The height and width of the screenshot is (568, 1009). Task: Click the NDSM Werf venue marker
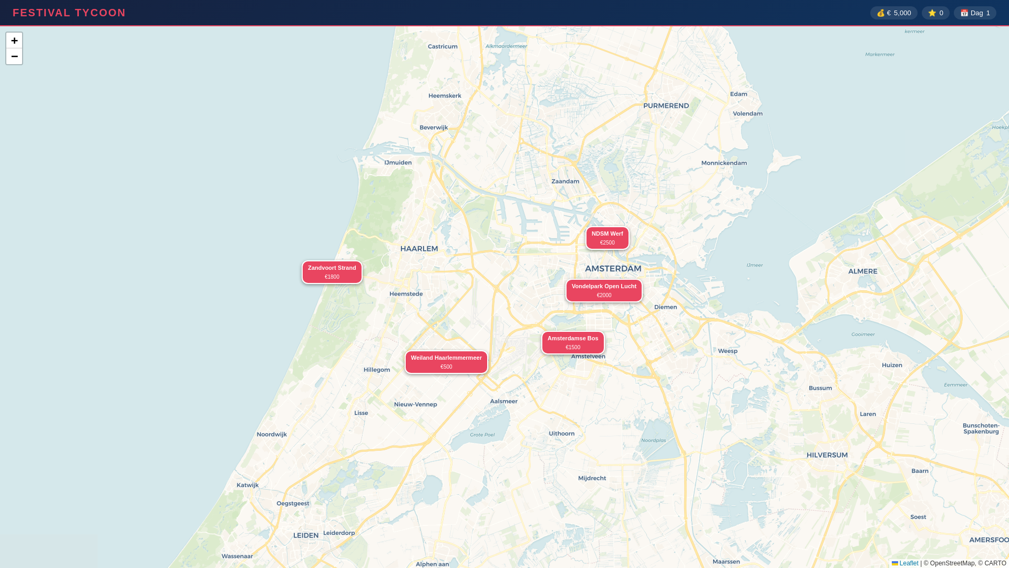(x=607, y=238)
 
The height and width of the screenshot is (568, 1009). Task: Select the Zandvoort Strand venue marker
(x=332, y=272)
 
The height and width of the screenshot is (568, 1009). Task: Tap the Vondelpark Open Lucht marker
(x=604, y=291)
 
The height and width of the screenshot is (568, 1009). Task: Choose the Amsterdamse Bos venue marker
(x=573, y=343)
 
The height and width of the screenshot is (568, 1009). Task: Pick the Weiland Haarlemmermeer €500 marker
(x=446, y=362)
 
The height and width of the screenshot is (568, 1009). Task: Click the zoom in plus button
(x=14, y=40)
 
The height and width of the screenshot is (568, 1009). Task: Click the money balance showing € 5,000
(x=893, y=13)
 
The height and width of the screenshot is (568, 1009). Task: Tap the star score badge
(x=935, y=13)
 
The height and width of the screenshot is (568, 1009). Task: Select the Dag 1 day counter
(x=975, y=13)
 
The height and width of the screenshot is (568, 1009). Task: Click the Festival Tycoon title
(x=69, y=13)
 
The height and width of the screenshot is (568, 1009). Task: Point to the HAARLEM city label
(x=419, y=249)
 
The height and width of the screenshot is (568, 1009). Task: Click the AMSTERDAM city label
(x=613, y=269)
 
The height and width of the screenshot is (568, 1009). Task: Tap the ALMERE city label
(x=862, y=271)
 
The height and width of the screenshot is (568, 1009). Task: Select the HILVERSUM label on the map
(x=827, y=455)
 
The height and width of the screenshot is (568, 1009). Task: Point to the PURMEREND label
(x=666, y=106)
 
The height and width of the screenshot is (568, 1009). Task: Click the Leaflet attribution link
(x=909, y=563)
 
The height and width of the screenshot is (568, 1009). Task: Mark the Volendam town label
(x=747, y=114)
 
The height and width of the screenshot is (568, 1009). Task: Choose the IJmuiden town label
(x=398, y=163)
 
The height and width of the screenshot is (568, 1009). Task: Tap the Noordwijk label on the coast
(x=272, y=434)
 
